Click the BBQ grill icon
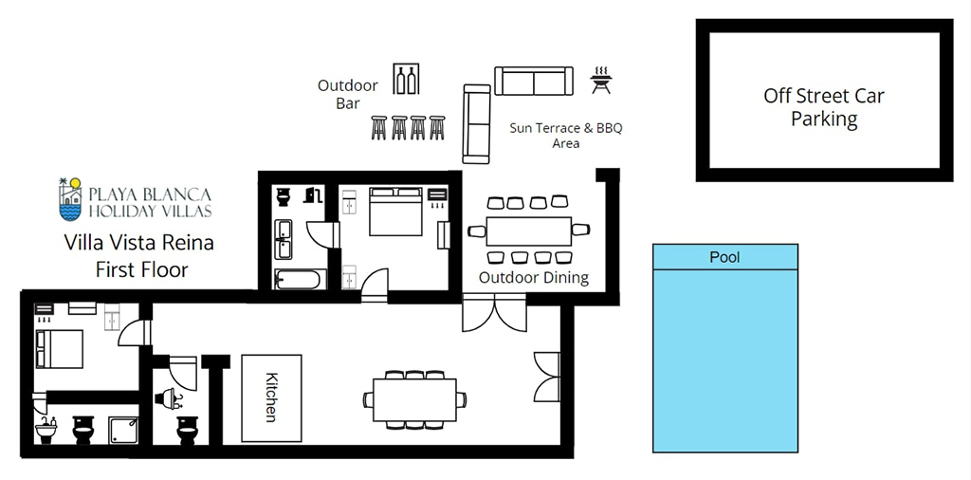(600, 81)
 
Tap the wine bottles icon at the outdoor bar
(406, 79)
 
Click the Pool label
(725, 256)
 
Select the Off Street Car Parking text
(824, 106)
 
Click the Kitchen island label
(271, 397)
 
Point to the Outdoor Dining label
(534, 277)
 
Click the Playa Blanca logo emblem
(70, 199)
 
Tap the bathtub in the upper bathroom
(300, 279)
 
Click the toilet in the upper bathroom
(283, 197)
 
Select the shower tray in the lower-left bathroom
(123, 430)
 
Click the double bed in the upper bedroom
(395, 212)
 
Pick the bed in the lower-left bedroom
(60, 349)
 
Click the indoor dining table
(415, 400)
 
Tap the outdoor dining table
(529, 231)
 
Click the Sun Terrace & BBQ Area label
(565, 136)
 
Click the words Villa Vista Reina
(139, 242)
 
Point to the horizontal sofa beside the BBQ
(534, 82)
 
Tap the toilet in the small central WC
(187, 430)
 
